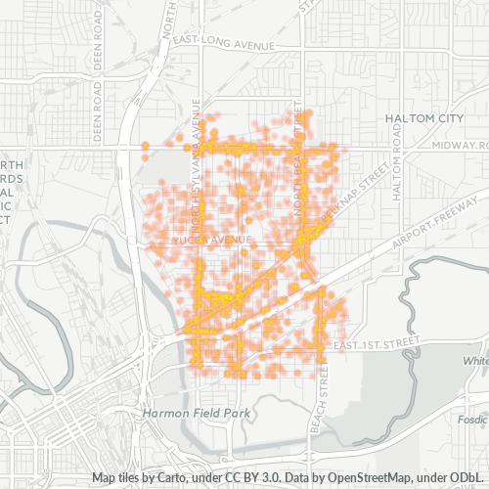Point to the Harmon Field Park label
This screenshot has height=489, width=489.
coord(196,414)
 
